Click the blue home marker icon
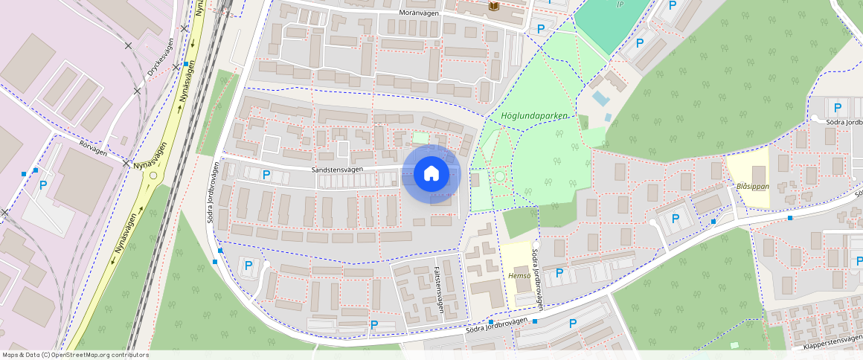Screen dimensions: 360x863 click(431, 174)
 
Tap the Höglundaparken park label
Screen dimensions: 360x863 click(534, 116)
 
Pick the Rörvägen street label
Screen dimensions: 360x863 click(94, 147)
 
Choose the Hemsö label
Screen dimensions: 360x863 click(518, 276)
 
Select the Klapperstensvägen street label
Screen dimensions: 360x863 click(832, 344)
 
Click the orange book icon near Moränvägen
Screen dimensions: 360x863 click(493, 7)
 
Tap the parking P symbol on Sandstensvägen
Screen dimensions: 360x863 click(266, 176)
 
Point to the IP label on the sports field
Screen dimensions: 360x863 click(620, 4)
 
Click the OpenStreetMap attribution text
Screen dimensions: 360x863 click(76, 355)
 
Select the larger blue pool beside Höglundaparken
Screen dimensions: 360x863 click(600, 98)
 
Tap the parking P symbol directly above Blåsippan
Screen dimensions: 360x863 click(838, 107)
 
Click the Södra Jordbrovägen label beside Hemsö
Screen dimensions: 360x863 click(536, 277)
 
